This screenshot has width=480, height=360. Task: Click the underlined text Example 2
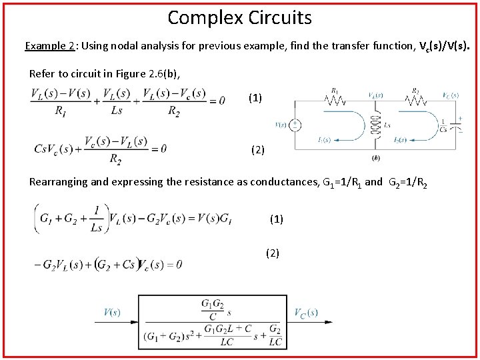click(x=49, y=46)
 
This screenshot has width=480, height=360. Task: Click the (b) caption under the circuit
click(x=375, y=159)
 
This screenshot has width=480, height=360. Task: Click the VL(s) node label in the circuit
click(x=375, y=95)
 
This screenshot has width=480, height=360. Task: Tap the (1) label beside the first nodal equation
click(x=255, y=98)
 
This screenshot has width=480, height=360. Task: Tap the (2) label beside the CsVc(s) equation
click(x=258, y=149)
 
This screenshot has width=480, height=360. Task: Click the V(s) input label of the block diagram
click(x=112, y=312)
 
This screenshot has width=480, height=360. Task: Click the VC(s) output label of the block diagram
click(x=307, y=312)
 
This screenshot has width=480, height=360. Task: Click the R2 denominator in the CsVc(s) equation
click(x=115, y=159)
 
